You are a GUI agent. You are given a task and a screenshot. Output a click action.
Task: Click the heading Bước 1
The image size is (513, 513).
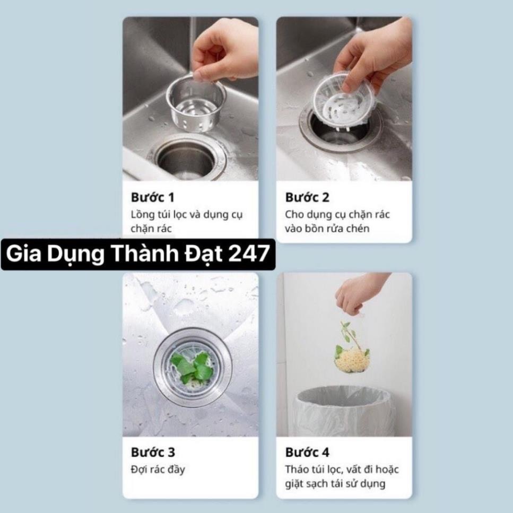click(153, 197)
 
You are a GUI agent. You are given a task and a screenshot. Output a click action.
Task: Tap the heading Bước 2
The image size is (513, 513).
click(307, 197)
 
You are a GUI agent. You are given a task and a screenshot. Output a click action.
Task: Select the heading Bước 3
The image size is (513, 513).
click(153, 452)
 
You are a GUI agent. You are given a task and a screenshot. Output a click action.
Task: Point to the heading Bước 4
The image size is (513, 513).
click(307, 452)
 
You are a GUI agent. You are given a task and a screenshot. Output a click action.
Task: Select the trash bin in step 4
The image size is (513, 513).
click(344, 412)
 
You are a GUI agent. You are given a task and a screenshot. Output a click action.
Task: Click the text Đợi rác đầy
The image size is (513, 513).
click(158, 469)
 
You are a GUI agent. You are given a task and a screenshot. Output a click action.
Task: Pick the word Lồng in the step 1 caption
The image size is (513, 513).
click(143, 215)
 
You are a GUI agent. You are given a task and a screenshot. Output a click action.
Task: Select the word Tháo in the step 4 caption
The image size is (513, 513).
click(297, 469)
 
